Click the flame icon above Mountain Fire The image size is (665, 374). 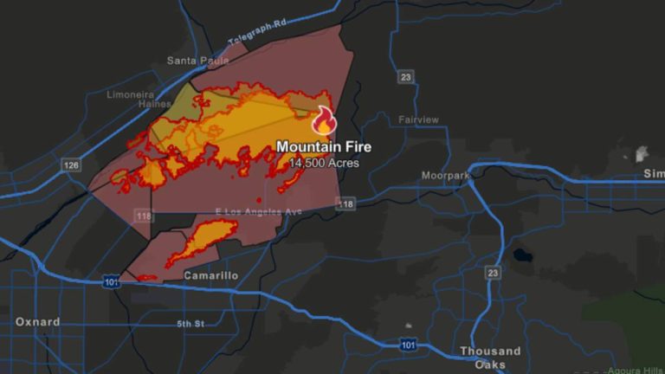pos(324,120)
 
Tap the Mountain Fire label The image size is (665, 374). pos(324,147)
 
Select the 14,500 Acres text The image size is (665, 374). pos(324,163)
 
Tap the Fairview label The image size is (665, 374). pos(418,119)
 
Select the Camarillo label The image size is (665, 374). pos(211,275)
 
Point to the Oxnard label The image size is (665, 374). pos(38,322)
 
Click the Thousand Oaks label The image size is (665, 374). pos(490,358)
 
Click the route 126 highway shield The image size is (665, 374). pos(71,164)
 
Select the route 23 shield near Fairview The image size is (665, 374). pos(405,77)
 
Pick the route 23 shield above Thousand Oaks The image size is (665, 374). pos(492,273)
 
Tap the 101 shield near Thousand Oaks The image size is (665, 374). pos(410,345)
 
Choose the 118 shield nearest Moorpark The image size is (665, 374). pos(345,204)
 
